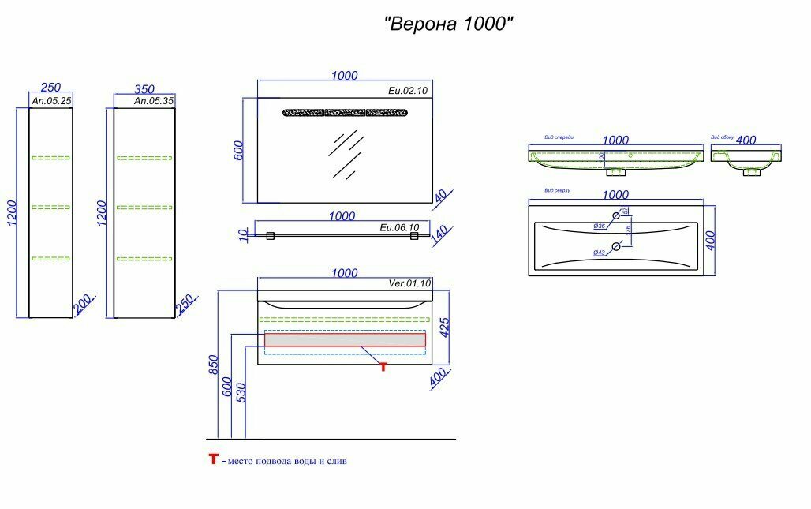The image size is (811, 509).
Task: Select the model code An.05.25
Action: point(51,101)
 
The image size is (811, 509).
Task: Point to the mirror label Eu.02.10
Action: point(408,92)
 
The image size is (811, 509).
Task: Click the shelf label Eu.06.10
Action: point(399,227)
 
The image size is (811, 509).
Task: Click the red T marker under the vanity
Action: point(383,366)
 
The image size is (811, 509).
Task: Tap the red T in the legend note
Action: point(213,459)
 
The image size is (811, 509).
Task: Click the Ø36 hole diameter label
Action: point(600,226)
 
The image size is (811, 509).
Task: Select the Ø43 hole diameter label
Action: point(600,252)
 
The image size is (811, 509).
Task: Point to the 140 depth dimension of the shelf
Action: point(439,236)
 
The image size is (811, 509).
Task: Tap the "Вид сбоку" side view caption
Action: point(722,137)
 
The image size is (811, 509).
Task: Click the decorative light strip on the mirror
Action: point(346,112)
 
